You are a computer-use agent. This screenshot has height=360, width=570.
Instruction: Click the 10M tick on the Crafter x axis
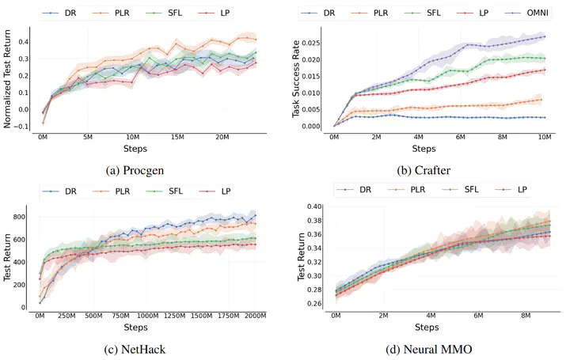click(x=545, y=137)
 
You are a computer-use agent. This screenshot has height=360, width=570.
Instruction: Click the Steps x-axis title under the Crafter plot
click(x=424, y=149)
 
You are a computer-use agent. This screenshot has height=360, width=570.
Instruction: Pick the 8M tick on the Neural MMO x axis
click(x=525, y=316)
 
